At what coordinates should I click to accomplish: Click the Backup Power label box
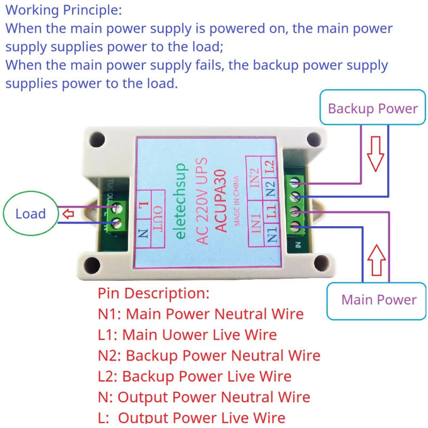pos(373,109)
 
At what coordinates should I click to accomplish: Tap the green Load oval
pos(30,214)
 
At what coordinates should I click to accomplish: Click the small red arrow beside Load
pos(68,215)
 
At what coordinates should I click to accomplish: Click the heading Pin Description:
pos(154,293)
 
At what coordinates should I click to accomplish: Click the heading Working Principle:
pos(64,10)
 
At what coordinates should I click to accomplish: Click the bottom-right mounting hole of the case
pos(321,263)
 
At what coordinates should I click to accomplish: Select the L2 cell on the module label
pos(270,166)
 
